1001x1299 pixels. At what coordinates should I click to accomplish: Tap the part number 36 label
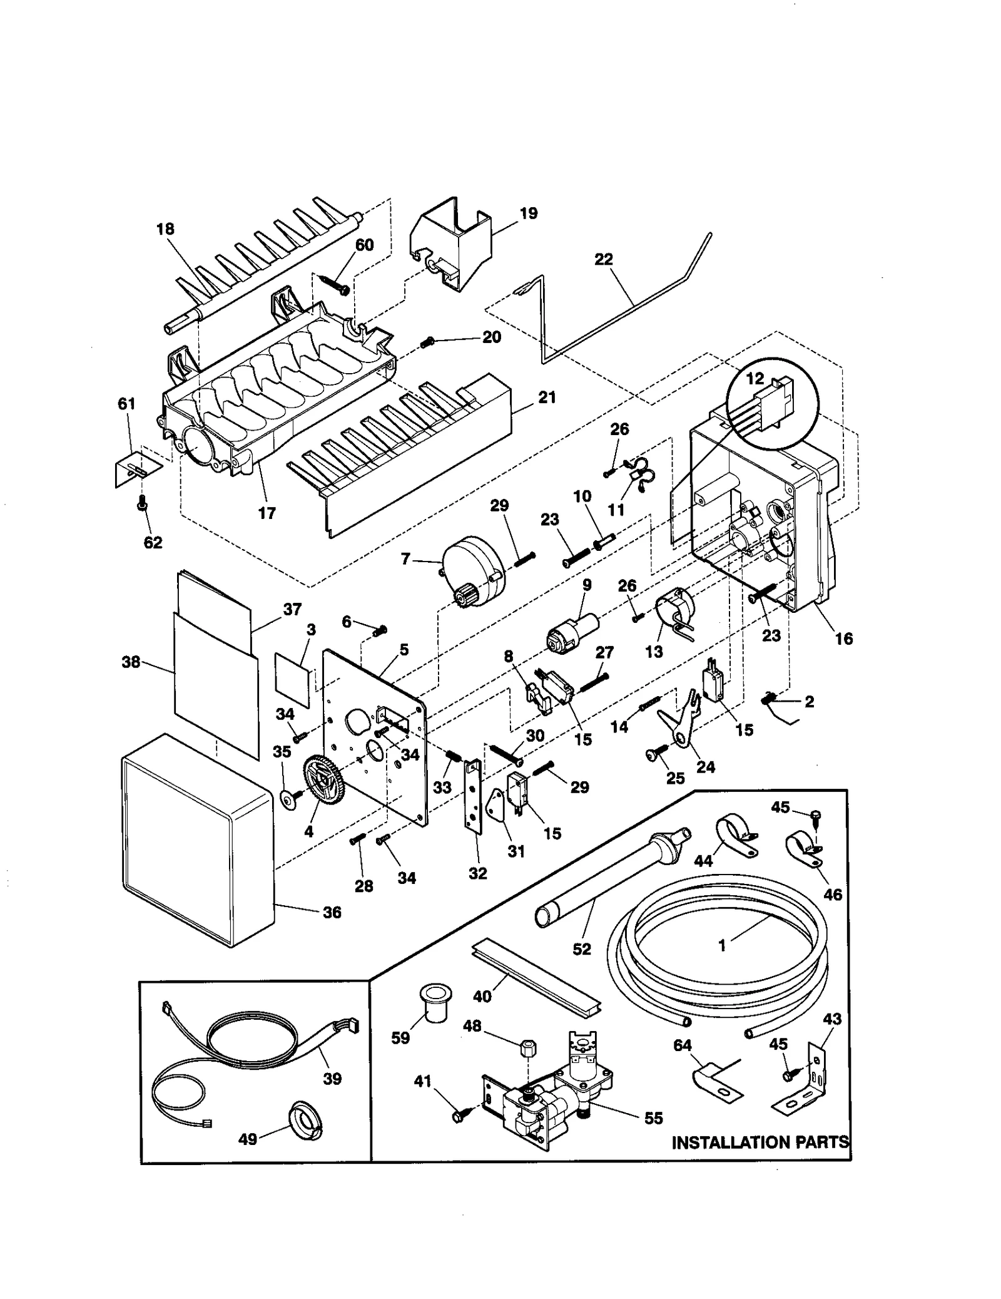332,912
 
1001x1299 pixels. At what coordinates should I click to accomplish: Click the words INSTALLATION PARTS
760,1142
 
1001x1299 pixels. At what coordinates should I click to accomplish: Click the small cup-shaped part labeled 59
432,1003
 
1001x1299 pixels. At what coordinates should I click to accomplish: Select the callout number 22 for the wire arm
603,259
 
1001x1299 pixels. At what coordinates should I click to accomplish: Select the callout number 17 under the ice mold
267,513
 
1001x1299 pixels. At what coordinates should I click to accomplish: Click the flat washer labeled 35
289,799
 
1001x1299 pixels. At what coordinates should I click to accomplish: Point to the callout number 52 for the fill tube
582,949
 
